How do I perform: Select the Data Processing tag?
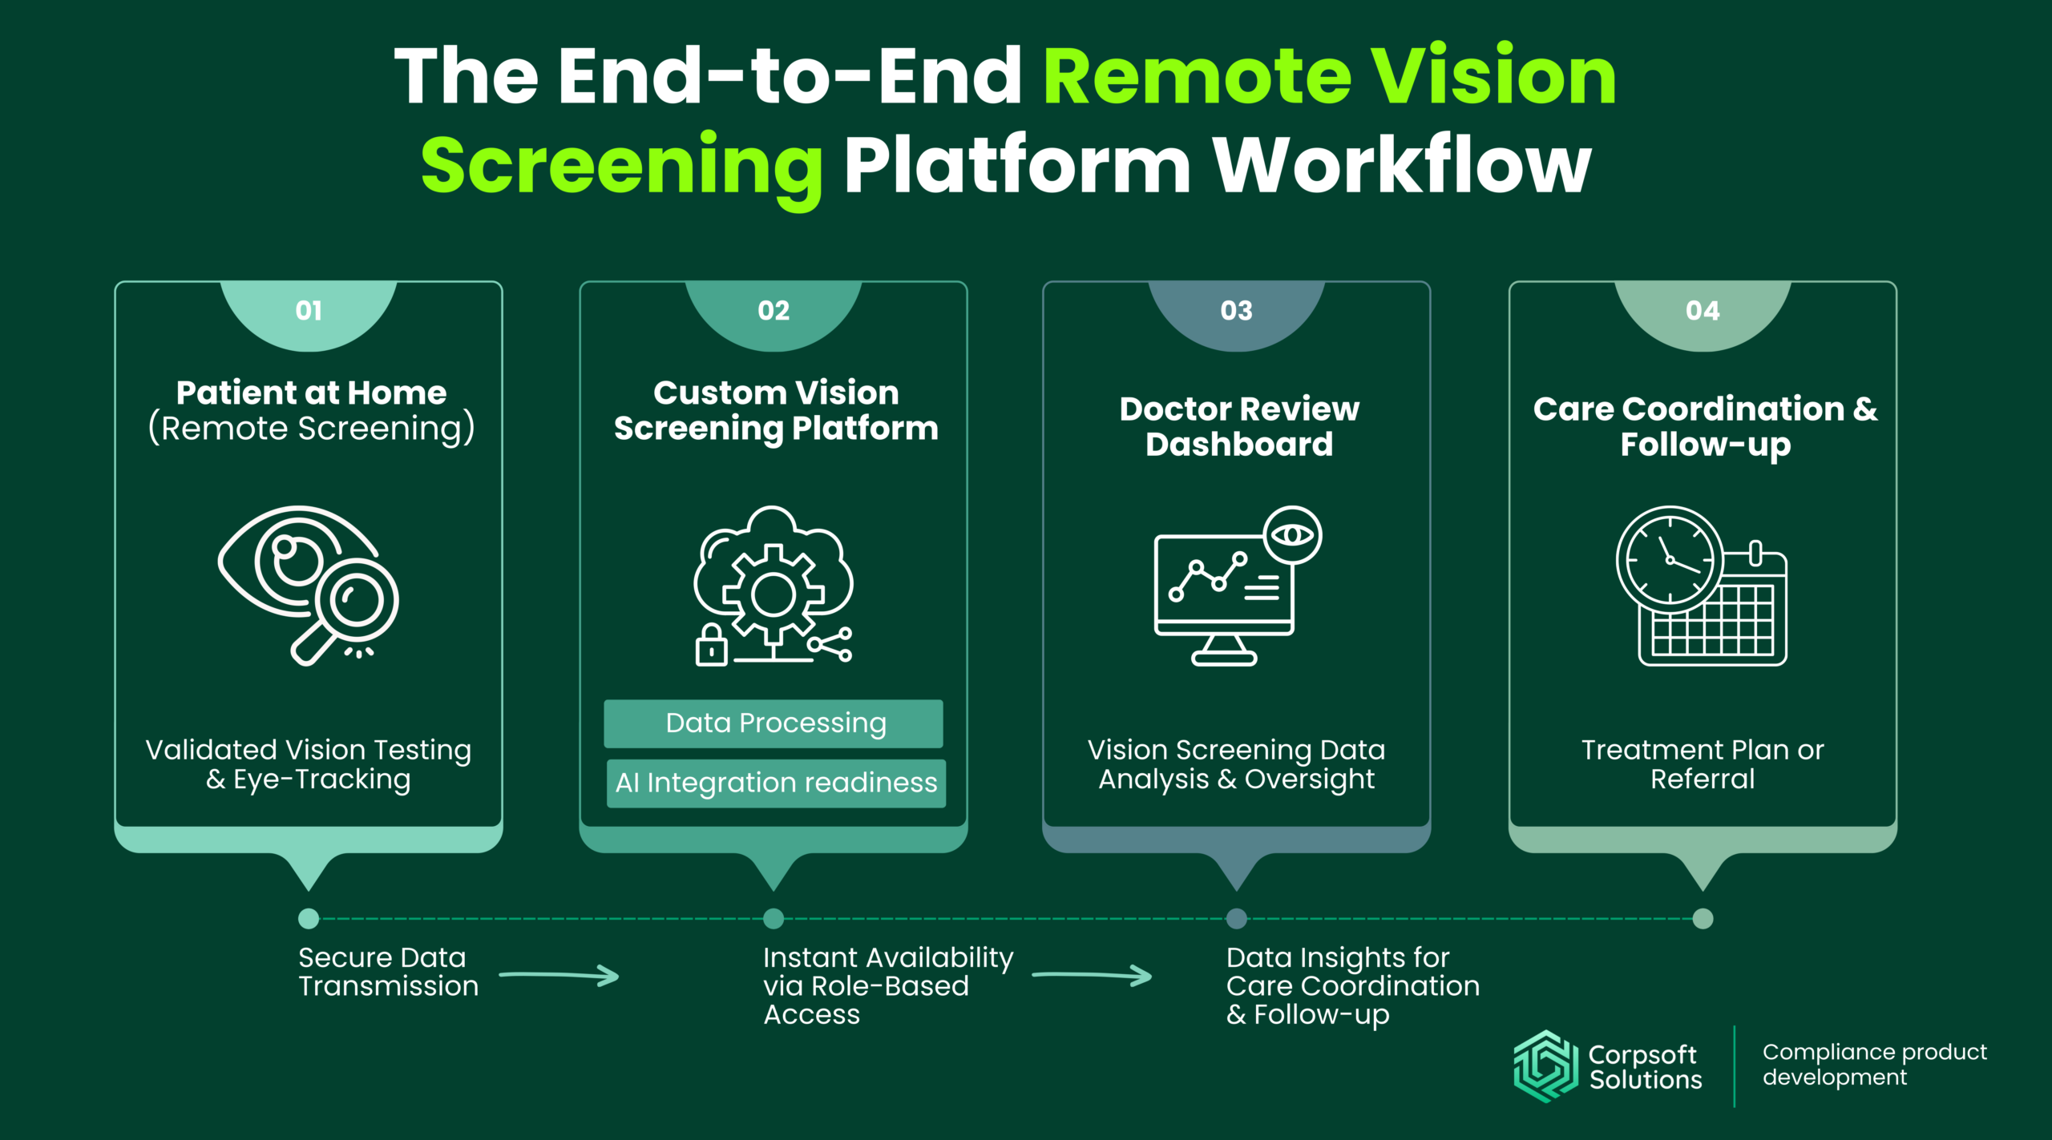774,723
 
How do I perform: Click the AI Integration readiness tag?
776,783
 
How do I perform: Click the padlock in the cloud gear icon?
711,647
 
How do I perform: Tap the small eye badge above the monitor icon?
1292,535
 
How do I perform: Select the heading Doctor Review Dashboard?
1238,426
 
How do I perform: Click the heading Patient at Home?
311,393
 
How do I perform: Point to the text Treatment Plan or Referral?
1703,763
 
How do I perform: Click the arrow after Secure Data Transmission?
559,975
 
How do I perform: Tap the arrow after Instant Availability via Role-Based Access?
1092,975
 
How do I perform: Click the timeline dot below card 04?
1703,918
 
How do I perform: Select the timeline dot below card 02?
774,918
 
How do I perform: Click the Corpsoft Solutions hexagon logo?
1545,1066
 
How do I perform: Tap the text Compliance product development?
1874,1064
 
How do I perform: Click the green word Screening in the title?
621,166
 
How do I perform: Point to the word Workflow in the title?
1401,166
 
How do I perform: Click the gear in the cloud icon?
773,594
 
